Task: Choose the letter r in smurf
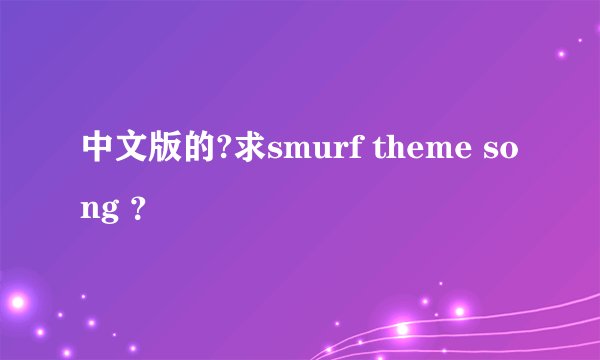350,152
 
